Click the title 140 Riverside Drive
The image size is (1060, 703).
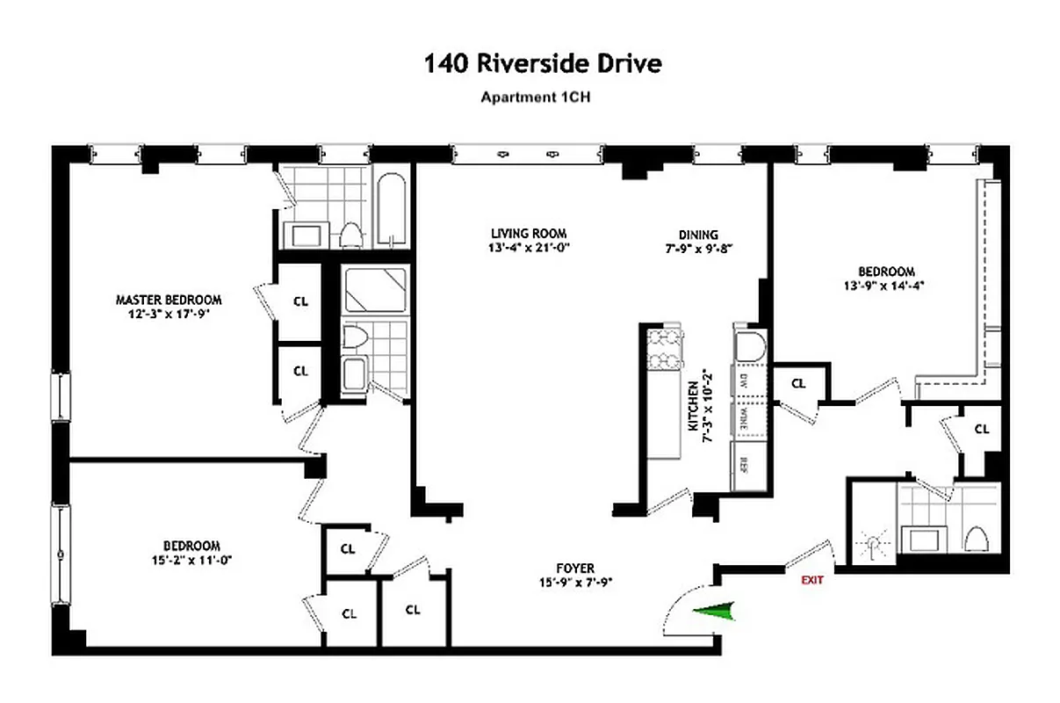click(x=542, y=64)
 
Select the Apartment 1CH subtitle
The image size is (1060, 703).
click(x=535, y=98)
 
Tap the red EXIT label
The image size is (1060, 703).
click(x=812, y=580)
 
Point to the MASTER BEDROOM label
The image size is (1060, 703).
click(x=169, y=300)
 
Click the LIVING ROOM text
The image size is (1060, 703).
click(x=529, y=234)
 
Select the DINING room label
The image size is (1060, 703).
click(x=698, y=235)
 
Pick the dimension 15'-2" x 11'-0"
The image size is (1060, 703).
click(x=191, y=559)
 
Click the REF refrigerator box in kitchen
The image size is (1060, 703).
click(x=743, y=465)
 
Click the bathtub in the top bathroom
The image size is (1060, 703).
click(x=390, y=211)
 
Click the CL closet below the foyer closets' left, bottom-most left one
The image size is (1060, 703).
click(x=348, y=613)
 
